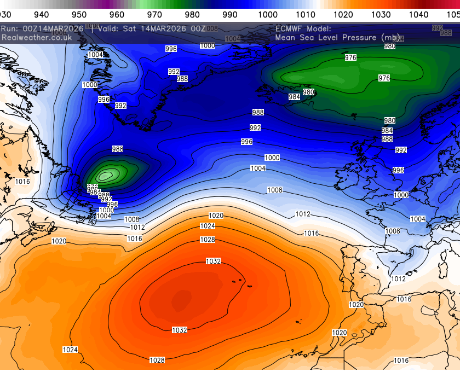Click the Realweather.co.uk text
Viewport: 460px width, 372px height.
pos(37,37)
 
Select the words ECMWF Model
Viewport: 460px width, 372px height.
pos(303,28)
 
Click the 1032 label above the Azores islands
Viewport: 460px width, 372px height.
pos(213,261)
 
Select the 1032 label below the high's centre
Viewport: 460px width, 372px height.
pos(180,330)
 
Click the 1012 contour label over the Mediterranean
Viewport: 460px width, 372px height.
pos(398,279)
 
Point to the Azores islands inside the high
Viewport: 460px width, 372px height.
pos(241,283)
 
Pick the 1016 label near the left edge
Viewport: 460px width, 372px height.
pos(22,182)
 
